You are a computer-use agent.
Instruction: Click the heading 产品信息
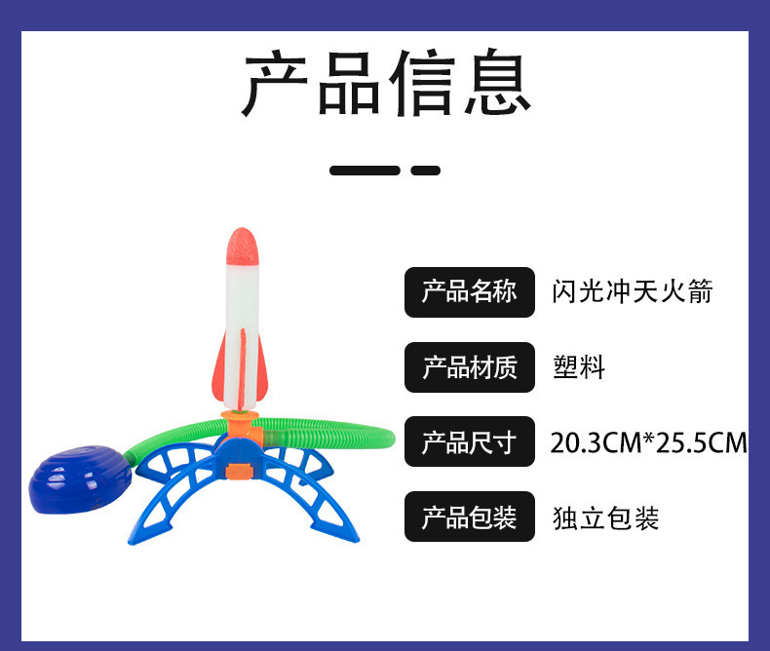pyautogui.click(x=385, y=86)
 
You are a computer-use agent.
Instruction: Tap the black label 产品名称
pyautogui.click(x=469, y=291)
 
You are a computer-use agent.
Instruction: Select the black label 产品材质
pyautogui.click(x=469, y=367)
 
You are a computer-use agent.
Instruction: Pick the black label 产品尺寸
pyautogui.click(x=469, y=443)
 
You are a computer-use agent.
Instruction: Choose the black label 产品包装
pyautogui.click(x=469, y=517)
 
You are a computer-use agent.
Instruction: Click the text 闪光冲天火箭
pyautogui.click(x=633, y=291)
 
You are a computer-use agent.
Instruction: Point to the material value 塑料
pyautogui.click(x=579, y=367)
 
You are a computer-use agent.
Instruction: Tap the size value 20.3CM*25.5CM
pyautogui.click(x=648, y=443)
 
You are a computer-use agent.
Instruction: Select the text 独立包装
pyautogui.click(x=605, y=517)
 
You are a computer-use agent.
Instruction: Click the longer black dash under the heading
pyautogui.click(x=365, y=171)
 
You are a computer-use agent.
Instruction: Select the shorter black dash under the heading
pyautogui.click(x=426, y=171)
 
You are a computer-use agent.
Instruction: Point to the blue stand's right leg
pyautogui.click(x=331, y=497)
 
